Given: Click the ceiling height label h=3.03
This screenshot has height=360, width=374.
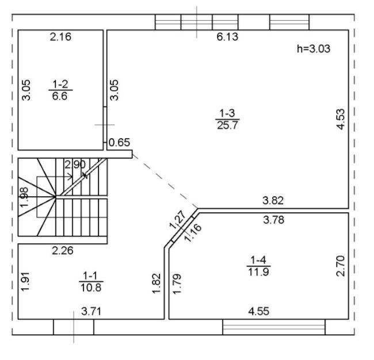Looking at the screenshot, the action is tap(314, 49).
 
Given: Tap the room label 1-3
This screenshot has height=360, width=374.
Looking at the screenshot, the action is tap(227, 113).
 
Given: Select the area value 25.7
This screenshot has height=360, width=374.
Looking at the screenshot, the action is tap(227, 125).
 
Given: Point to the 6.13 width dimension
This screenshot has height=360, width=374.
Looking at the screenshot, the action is tap(227, 37).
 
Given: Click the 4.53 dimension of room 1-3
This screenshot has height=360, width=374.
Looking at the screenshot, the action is tap(341, 119).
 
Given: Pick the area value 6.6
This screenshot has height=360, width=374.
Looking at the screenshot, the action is tap(60, 96).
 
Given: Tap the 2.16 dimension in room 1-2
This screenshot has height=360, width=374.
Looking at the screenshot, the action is tap(60, 37).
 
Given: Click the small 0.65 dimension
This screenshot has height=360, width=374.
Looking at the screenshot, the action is tap(119, 143).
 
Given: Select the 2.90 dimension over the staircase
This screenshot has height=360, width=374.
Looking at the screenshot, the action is tap(75, 164).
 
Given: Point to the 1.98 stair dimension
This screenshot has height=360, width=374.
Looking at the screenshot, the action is tap(24, 197).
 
